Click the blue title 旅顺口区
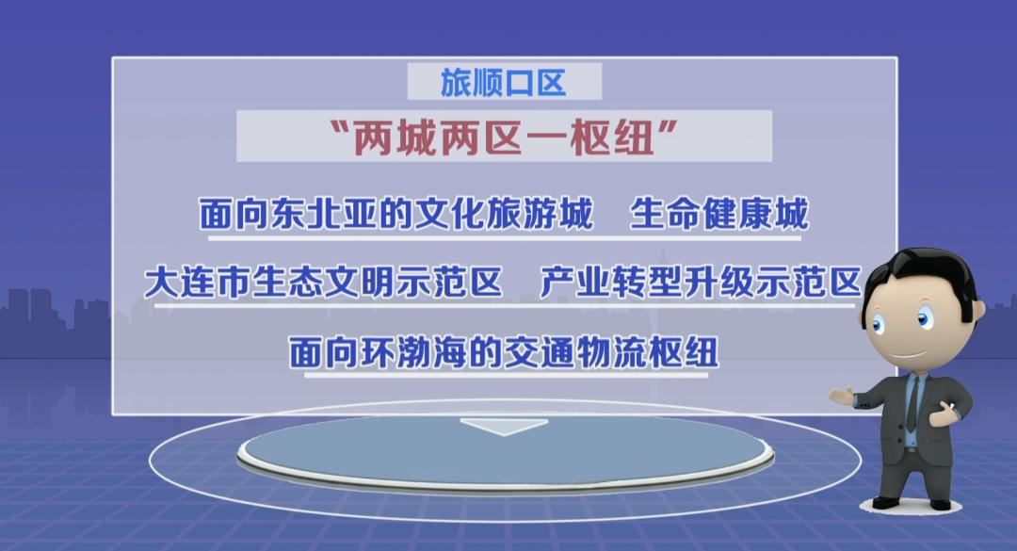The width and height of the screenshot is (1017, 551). pyautogui.click(x=503, y=83)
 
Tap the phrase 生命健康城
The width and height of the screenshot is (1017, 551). pyautogui.click(x=718, y=214)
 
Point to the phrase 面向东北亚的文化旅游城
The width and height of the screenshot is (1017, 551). pyautogui.click(x=395, y=214)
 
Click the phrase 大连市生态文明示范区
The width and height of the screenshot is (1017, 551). pyautogui.click(x=323, y=283)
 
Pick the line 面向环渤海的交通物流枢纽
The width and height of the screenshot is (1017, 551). pyautogui.click(x=503, y=351)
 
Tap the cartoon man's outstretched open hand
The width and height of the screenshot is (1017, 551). pyautogui.click(x=842, y=396)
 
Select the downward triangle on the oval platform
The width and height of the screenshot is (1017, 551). pyautogui.click(x=504, y=427)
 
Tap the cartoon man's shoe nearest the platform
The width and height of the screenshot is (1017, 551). pyautogui.click(x=886, y=502)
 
